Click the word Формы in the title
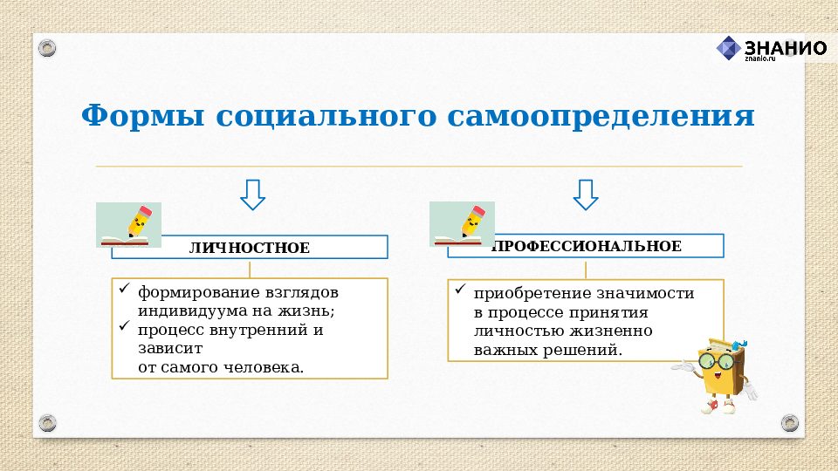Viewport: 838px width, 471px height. (x=140, y=115)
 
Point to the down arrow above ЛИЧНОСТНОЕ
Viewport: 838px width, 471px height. (x=252, y=195)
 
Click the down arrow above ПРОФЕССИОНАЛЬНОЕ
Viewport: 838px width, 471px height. (x=586, y=195)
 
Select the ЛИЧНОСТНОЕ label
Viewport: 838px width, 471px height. (x=250, y=249)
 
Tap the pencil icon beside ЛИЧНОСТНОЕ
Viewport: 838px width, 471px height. (x=128, y=225)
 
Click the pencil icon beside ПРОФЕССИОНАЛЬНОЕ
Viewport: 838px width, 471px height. (x=462, y=224)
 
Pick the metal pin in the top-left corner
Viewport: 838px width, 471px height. (x=49, y=46)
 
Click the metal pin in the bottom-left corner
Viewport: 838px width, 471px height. (x=49, y=423)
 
